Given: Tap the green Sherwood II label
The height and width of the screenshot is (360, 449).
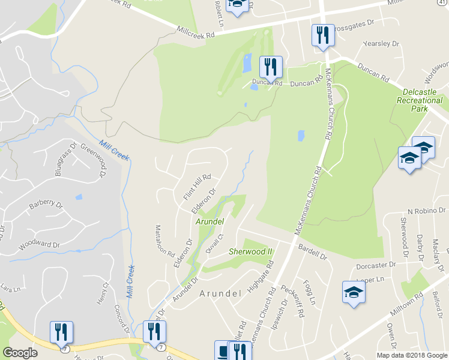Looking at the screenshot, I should tap(250, 251).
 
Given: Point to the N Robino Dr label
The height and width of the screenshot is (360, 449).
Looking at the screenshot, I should tap(427, 211).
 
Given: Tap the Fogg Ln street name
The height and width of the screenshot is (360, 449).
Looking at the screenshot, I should tap(309, 292).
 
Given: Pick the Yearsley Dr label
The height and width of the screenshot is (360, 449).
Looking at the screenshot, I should tap(381, 44).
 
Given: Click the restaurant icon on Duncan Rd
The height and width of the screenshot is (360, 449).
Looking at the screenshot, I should tap(271, 66).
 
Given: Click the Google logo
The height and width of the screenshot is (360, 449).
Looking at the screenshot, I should tap(20, 353).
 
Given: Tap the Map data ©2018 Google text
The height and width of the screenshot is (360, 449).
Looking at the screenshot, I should tap(412, 355).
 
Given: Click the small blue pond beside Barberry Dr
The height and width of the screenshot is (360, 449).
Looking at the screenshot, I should tap(79, 197).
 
